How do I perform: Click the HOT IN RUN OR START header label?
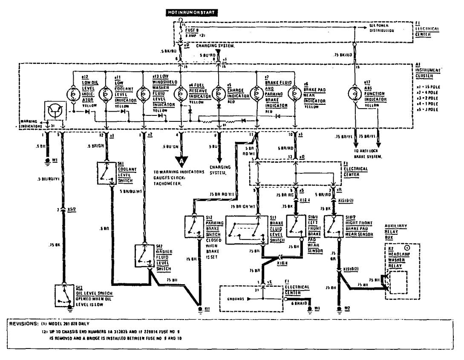pos(192,13)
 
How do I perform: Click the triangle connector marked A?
pos(182,161)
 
